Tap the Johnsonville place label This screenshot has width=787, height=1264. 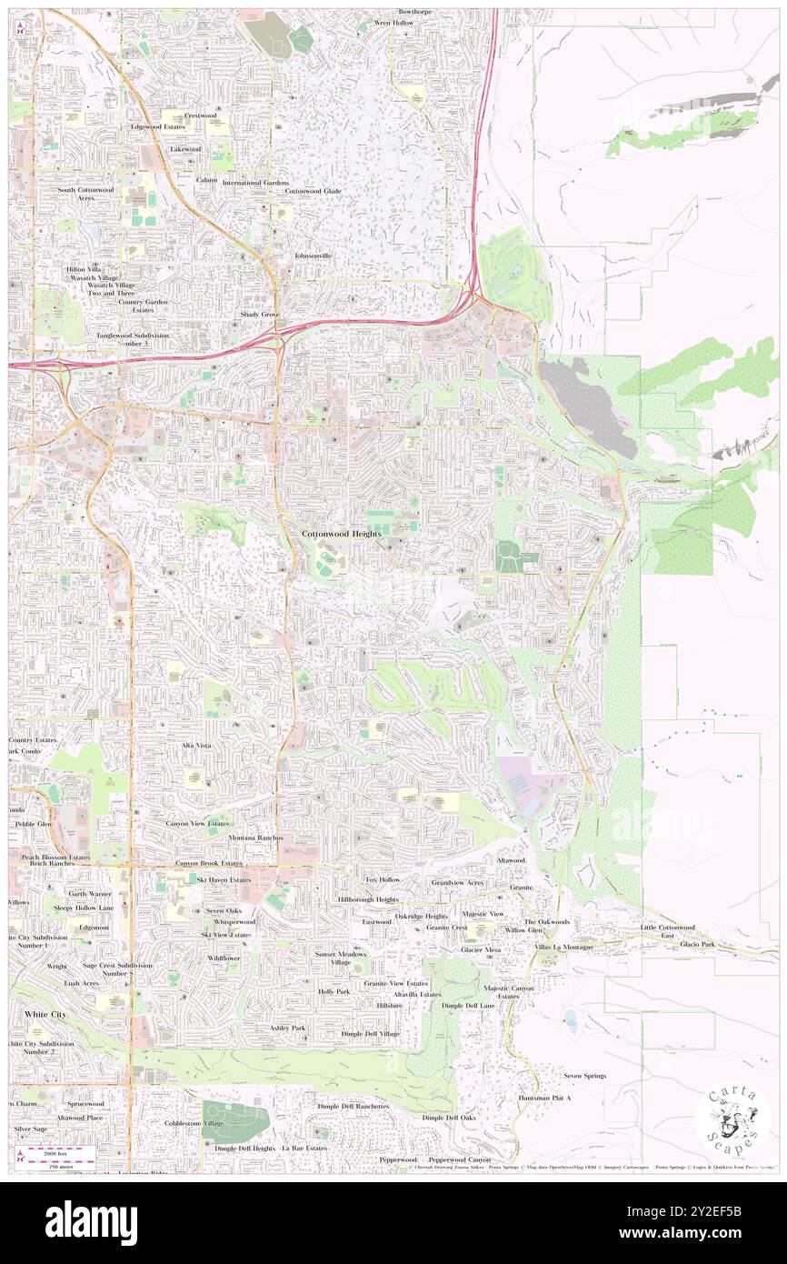(314, 256)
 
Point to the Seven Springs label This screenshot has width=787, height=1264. (584, 1076)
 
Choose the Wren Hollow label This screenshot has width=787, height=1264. (392, 23)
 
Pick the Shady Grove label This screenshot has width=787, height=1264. (259, 314)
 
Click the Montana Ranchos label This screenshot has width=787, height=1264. (255, 838)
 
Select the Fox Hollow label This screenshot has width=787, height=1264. (383, 880)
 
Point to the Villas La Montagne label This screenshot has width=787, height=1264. (563, 947)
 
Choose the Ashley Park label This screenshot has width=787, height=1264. (288, 1028)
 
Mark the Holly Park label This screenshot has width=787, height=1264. (334, 991)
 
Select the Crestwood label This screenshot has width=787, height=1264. (201, 115)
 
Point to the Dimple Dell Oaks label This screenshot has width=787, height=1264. (449, 1118)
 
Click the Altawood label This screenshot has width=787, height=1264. (510, 859)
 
